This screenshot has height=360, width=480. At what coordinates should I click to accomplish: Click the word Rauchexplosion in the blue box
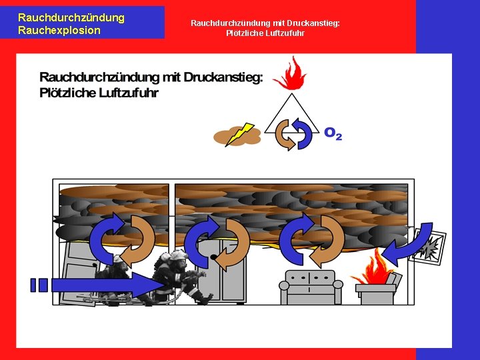pyautogui.click(x=59, y=30)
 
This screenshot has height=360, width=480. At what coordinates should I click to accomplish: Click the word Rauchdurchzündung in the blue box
pyautogui.click(x=71, y=17)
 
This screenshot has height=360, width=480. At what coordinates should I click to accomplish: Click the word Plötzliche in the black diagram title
pyautogui.click(x=70, y=93)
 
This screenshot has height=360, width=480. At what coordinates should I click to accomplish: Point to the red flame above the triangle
pyautogui.click(x=288, y=73)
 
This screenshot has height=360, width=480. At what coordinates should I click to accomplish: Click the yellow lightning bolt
pyautogui.click(x=239, y=133)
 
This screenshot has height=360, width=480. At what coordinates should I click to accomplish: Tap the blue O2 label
pyautogui.click(x=333, y=133)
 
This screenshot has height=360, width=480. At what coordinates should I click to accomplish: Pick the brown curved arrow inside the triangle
pyautogui.click(x=285, y=133)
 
